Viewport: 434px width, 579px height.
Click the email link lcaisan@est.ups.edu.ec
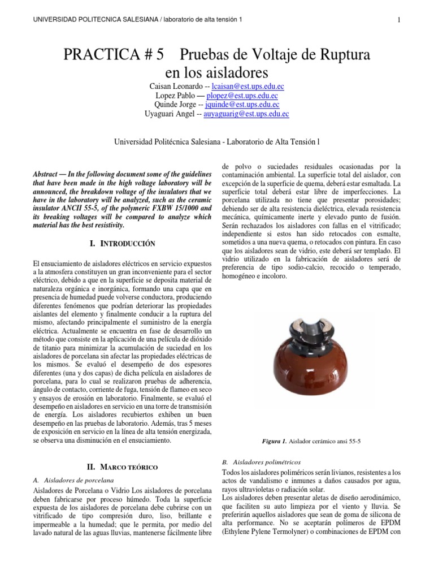coord(248,87)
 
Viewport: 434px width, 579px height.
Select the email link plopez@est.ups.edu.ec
coord(247,96)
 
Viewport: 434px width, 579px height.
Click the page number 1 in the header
coord(399,20)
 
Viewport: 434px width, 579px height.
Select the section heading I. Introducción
coord(122,244)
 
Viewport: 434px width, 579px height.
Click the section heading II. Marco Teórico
coord(122,467)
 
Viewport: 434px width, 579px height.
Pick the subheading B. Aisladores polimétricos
coord(262,462)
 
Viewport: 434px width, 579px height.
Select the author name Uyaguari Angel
coord(171,114)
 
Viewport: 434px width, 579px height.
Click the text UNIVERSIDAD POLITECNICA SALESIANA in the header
coord(93,20)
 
